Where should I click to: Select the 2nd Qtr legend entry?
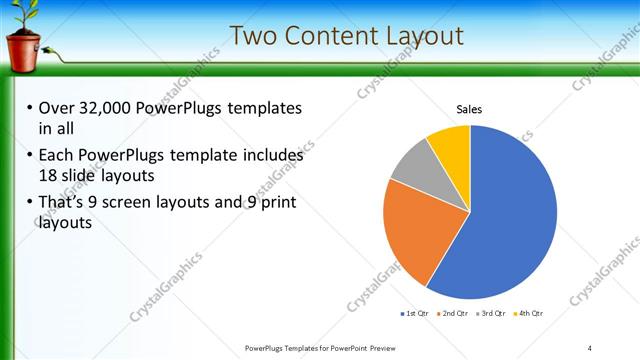pyautogui.click(x=454, y=314)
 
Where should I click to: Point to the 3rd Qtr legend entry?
pyautogui.click(x=491, y=314)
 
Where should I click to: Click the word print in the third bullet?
pyautogui.click(x=277, y=203)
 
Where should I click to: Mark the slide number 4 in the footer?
pyautogui.click(x=590, y=347)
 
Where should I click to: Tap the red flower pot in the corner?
pyautogui.click(x=23, y=50)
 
